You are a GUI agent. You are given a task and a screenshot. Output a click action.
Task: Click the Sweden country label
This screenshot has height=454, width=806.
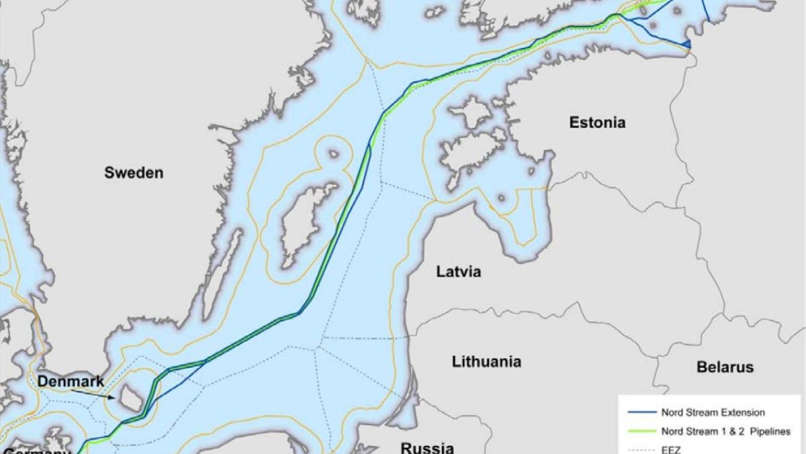point(133,173)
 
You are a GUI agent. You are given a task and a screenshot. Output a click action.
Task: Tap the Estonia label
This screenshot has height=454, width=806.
point(596,122)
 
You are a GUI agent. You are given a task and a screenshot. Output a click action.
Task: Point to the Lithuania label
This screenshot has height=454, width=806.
point(486,361)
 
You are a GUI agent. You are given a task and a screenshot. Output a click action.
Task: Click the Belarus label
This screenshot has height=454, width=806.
point(725,367)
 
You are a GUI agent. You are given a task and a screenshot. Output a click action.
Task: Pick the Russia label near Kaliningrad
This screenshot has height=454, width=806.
point(427,447)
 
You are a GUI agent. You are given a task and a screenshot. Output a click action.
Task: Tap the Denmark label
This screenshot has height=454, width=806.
point(71,382)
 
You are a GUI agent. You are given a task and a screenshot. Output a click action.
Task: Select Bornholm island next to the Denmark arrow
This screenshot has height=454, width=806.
point(128,398)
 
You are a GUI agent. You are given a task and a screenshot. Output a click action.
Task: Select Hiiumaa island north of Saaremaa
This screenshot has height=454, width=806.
point(469,112)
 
